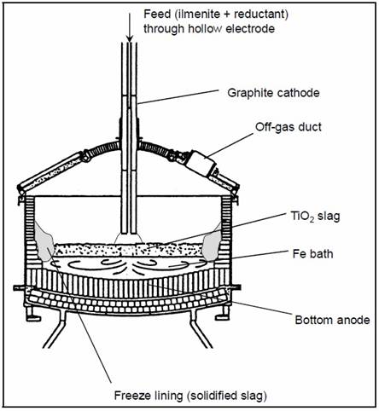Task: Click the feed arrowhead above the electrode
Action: tap(130, 38)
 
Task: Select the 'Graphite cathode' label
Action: tap(273, 93)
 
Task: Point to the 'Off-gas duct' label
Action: tap(289, 127)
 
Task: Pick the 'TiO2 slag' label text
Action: tap(315, 217)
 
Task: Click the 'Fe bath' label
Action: tap(312, 254)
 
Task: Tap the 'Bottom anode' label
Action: tap(332, 320)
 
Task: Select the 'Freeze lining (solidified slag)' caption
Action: tap(190, 396)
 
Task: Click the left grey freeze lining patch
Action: tap(44, 241)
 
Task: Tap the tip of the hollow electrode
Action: tap(129, 233)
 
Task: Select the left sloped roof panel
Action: tap(51, 172)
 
